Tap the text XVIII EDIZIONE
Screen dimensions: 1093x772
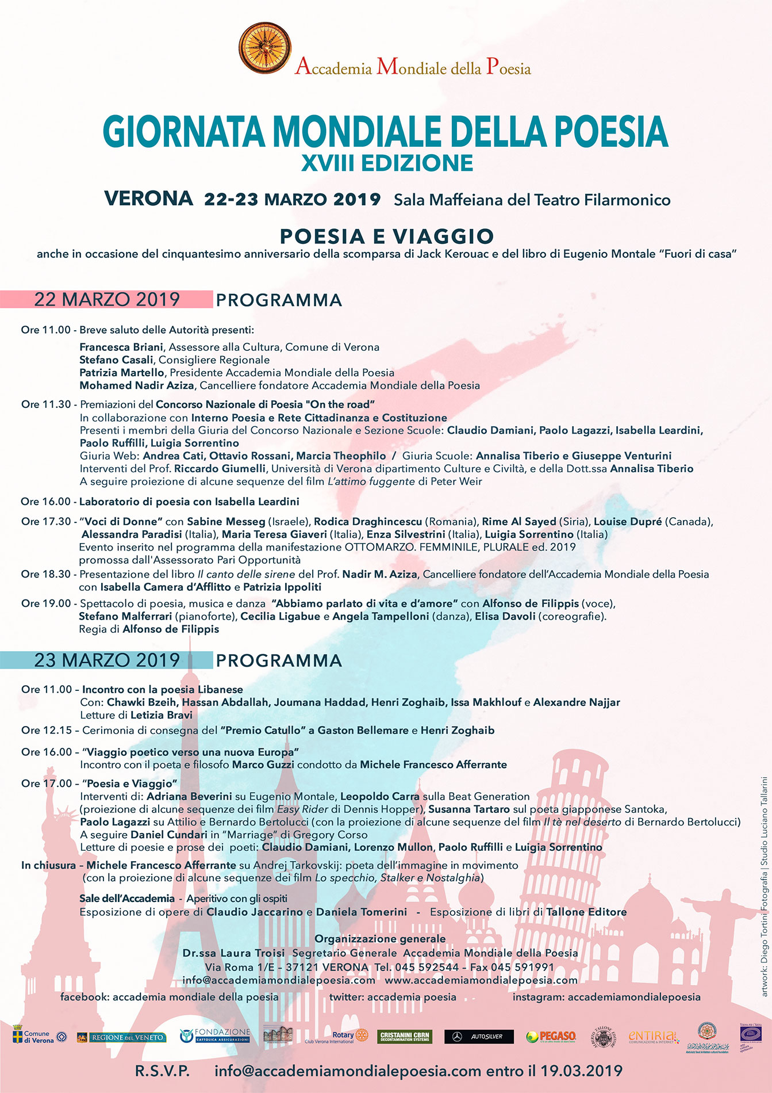coord(387,163)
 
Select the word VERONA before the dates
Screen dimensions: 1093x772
coord(148,198)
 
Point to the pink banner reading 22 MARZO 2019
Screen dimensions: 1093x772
coord(106,300)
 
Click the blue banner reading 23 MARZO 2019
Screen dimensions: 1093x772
coord(106,660)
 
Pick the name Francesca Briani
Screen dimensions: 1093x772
coord(121,347)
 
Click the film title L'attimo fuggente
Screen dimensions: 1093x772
coord(371,481)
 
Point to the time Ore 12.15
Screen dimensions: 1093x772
coord(47,731)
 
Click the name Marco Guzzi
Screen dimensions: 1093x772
coord(263,765)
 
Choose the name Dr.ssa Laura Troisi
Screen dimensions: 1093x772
coord(233,953)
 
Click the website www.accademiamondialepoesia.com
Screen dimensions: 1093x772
coord(481,980)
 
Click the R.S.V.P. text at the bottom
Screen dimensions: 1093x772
coord(162,1071)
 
